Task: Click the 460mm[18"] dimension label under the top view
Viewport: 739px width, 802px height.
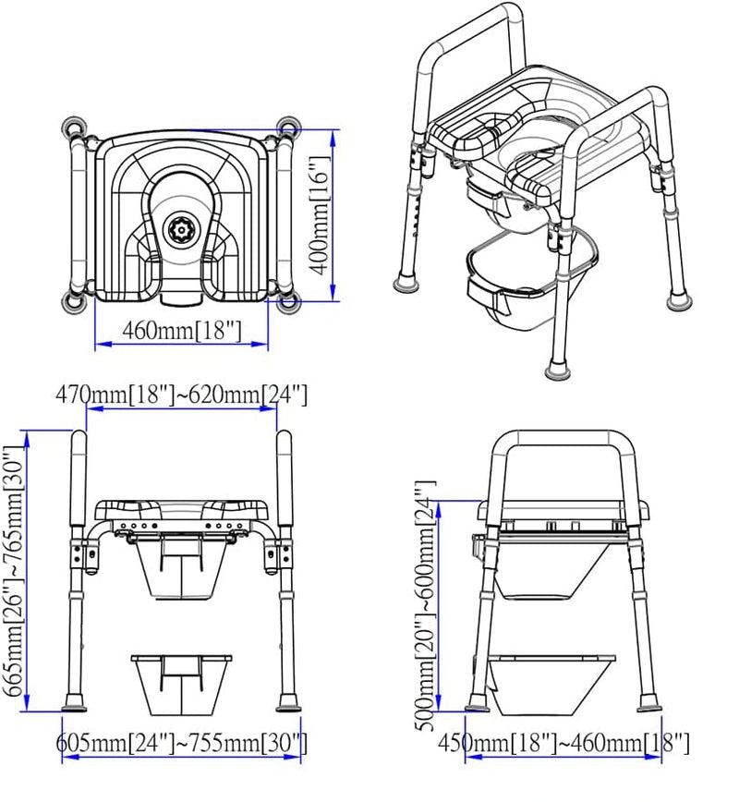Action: pos(181,330)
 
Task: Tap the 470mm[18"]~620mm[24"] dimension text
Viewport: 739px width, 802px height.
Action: pos(181,395)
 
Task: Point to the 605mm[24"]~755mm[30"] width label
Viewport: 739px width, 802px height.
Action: pos(182,743)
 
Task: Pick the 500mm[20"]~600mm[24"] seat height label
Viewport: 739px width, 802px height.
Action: pos(426,604)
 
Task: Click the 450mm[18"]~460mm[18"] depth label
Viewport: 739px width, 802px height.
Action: pos(563,743)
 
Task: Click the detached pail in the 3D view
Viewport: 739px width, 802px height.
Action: pos(513,286)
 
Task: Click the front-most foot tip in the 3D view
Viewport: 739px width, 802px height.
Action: pos(558,370)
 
